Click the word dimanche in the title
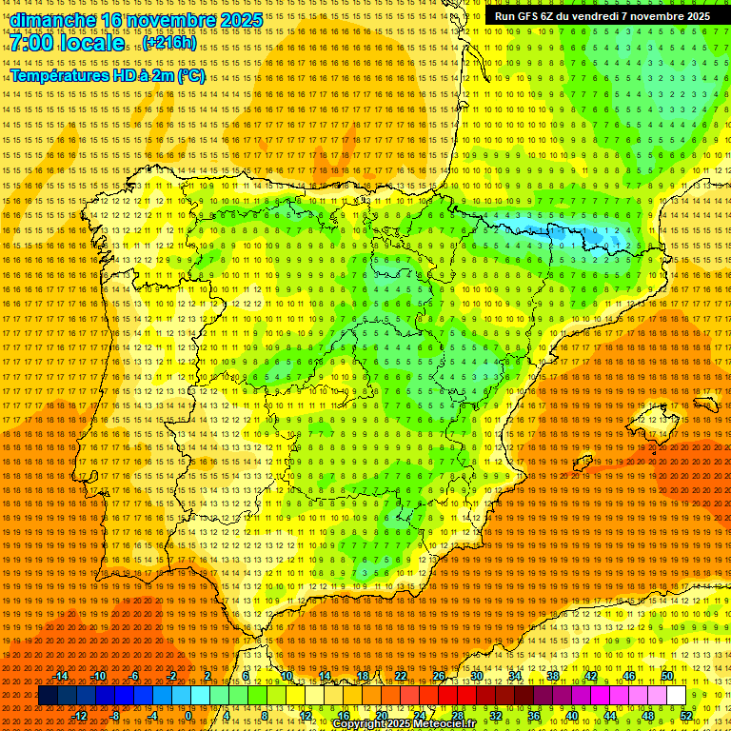point(53,20)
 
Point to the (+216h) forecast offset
point(169,43)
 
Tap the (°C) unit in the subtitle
point(190,75)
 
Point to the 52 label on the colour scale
point(686,715)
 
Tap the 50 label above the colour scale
point(667,676)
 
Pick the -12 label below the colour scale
point(80,715)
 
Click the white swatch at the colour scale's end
point(676,696)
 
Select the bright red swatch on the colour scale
point(447,696)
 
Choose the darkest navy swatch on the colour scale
point(48,696)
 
